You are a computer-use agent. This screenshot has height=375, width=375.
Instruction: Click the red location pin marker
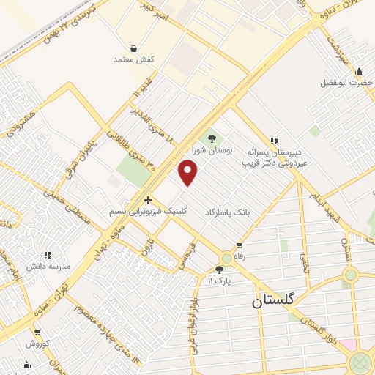[188, 173]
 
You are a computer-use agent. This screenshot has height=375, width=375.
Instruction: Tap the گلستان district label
[272, 300]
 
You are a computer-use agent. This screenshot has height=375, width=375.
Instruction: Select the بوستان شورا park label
[212, 150]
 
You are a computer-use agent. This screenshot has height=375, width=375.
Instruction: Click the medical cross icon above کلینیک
[148, 198]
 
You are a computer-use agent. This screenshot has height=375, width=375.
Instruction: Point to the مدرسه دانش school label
[49, 267]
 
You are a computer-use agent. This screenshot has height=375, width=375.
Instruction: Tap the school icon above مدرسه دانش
[48, 255]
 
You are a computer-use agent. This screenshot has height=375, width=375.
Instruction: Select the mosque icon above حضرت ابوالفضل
[359, 71]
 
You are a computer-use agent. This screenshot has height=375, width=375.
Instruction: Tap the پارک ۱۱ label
[219, 281]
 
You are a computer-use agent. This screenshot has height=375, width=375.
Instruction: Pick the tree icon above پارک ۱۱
[219, 270]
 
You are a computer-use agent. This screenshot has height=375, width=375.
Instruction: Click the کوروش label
[37, 343]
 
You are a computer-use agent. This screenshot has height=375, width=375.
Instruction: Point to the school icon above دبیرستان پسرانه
[274, 140]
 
